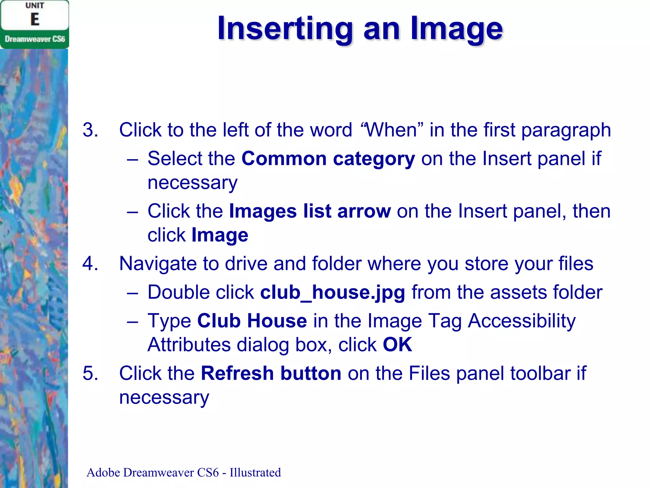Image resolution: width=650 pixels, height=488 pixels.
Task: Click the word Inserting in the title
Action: click(285, 29)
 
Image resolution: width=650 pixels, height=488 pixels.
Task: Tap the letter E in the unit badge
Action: click(35, 19)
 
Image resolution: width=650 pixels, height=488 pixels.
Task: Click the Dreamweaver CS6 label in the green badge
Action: click(35, 39)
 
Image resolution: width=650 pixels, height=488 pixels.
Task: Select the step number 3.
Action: click(90, 130)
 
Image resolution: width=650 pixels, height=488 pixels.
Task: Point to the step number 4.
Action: click(90, 264)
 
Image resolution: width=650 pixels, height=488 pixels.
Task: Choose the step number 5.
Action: click(90, 373)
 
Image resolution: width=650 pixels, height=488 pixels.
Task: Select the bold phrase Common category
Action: click(328, 159)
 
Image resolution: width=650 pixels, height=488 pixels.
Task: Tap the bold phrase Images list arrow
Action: click(310, 211)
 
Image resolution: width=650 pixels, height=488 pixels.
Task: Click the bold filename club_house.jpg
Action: click(333, 292)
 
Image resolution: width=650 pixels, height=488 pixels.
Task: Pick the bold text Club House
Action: click(252, 321)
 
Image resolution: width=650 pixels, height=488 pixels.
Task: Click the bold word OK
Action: click(397, 345)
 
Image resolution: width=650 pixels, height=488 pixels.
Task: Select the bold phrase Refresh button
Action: click(271, 373)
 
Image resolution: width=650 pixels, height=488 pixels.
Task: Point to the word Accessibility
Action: click(521, 321)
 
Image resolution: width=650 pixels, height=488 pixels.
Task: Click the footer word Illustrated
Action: click(255, 472)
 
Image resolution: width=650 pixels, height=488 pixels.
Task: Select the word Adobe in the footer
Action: click(103, 472)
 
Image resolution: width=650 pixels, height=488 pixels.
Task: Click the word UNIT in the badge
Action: click(35, 6)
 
